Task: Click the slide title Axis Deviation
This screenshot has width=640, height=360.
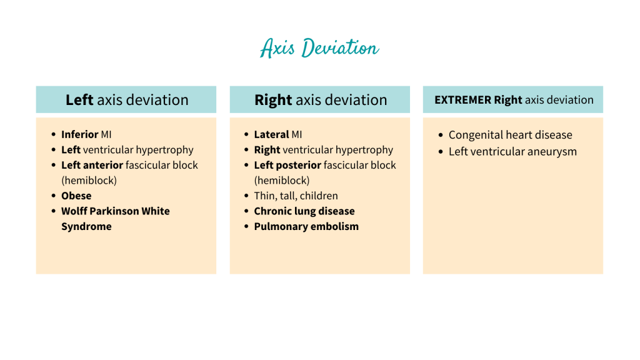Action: pos(319,48)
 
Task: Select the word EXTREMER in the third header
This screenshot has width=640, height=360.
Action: pos(462,100)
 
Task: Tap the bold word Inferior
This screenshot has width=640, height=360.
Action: pos(79,134)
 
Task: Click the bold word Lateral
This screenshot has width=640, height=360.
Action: pos(271,134)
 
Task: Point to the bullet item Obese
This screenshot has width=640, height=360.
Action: pos(76,196)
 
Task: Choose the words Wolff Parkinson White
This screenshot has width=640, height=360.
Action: pos(115,211)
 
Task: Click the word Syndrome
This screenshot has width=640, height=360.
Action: pos(86,226)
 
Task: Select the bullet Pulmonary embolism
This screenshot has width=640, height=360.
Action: pos(306,226)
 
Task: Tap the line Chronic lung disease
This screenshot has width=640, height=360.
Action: pos(304,211)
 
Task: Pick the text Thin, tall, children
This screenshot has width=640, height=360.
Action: pos(296,196)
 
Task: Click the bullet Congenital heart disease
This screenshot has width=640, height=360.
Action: pos(510,135)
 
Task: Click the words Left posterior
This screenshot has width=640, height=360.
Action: pos(287,165)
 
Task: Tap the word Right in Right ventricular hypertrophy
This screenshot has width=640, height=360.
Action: pos(267,150)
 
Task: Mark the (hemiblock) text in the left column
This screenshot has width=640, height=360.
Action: pos(89,180)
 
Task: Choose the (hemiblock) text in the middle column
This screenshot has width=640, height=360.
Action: pos(282,180)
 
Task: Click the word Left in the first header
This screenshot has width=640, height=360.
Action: pos(79,100)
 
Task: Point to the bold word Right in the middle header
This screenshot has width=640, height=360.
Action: pos(273,100)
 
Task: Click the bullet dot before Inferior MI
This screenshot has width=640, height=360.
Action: pos(54,134)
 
